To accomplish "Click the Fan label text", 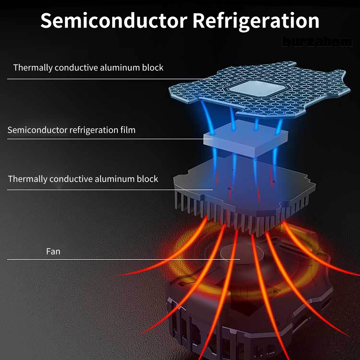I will pos(53,252).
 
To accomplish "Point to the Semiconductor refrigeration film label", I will pos(71,130).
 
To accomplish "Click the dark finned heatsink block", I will pos(243,197).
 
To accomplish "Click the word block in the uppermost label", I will pos(153,67).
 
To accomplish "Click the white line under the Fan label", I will pos(123,260).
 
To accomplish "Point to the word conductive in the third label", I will pos(71,179).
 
